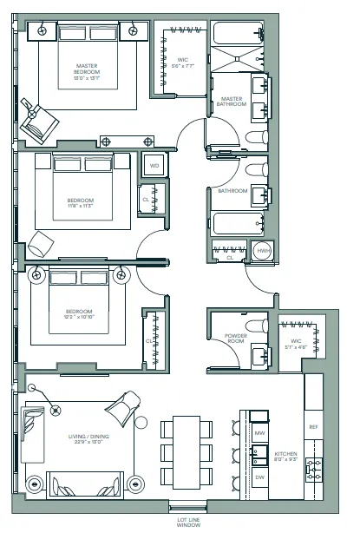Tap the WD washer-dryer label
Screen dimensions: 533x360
[x=154, y=165]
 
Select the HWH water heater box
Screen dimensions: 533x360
[x=262, y=251]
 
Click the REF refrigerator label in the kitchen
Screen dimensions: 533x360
[x=314, y=426]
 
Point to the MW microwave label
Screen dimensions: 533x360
[x=259, y=431]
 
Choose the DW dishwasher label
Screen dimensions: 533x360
[x=259, y=477]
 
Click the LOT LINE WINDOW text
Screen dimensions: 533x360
[x=188, y=521]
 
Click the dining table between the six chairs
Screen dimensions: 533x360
[x=186, y=451]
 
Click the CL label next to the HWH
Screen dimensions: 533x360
[x=230, y=257]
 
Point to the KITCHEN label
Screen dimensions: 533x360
[x=286, y=456]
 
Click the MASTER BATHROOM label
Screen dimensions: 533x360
[x=232, y=102]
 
